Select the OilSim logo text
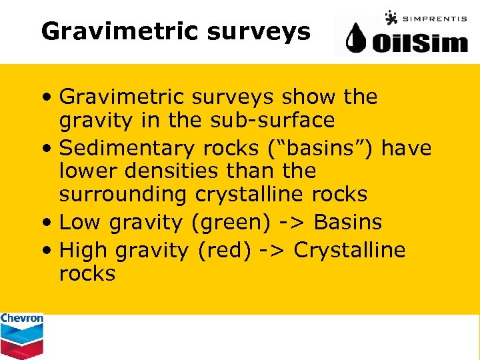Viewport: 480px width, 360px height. click(x=420, y=43)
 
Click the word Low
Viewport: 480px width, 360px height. click(x=81, y=222)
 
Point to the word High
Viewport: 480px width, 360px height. click(x=84, y=250)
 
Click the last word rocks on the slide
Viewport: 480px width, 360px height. click(x=87, y=273)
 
